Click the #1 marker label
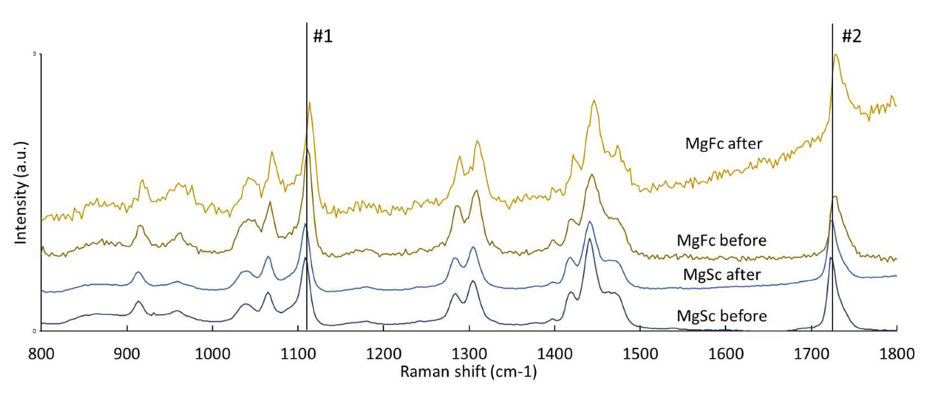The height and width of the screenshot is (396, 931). tap(323, 37)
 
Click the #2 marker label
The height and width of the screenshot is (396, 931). tap(851, 37)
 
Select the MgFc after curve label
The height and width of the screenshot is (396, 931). tap(723, 143)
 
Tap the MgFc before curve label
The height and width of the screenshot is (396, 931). tap(721, 241)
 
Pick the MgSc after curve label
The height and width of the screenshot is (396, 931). tap(721, 275)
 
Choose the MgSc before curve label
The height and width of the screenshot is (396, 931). tap(721, 316)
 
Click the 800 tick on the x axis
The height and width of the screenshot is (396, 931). tap(41, 354)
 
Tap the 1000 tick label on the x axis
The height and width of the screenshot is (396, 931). tap(212, 354)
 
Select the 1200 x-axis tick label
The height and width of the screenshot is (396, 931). tap(383, 354)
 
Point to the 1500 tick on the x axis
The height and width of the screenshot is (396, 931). tap(640, 354)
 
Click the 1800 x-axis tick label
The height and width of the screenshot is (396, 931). tap(897, 354)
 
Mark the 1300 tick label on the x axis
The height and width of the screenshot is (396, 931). tap(469, 354)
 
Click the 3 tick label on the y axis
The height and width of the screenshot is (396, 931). tap(34, 54)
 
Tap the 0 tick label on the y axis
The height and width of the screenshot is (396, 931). tap(34, 331)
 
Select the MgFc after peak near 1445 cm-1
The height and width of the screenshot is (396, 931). tap(593, 101)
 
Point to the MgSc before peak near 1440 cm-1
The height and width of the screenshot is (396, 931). tap(590, 239)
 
